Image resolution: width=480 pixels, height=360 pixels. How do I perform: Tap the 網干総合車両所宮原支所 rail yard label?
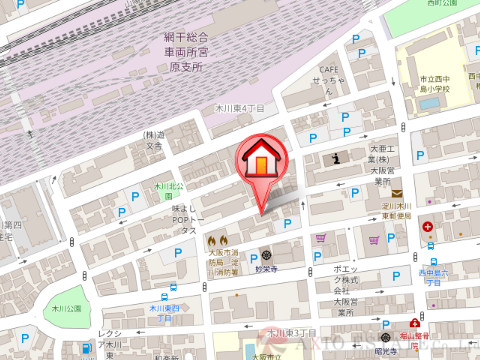coord(185,51)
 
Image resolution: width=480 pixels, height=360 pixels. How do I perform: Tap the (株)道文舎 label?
coord(152,140)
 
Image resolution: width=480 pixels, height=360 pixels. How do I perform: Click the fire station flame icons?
coord(218,241)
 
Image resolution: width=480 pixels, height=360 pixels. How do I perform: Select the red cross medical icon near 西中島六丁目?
coord(427,227)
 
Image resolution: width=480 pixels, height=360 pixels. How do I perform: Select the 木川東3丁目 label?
coord(285,332)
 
